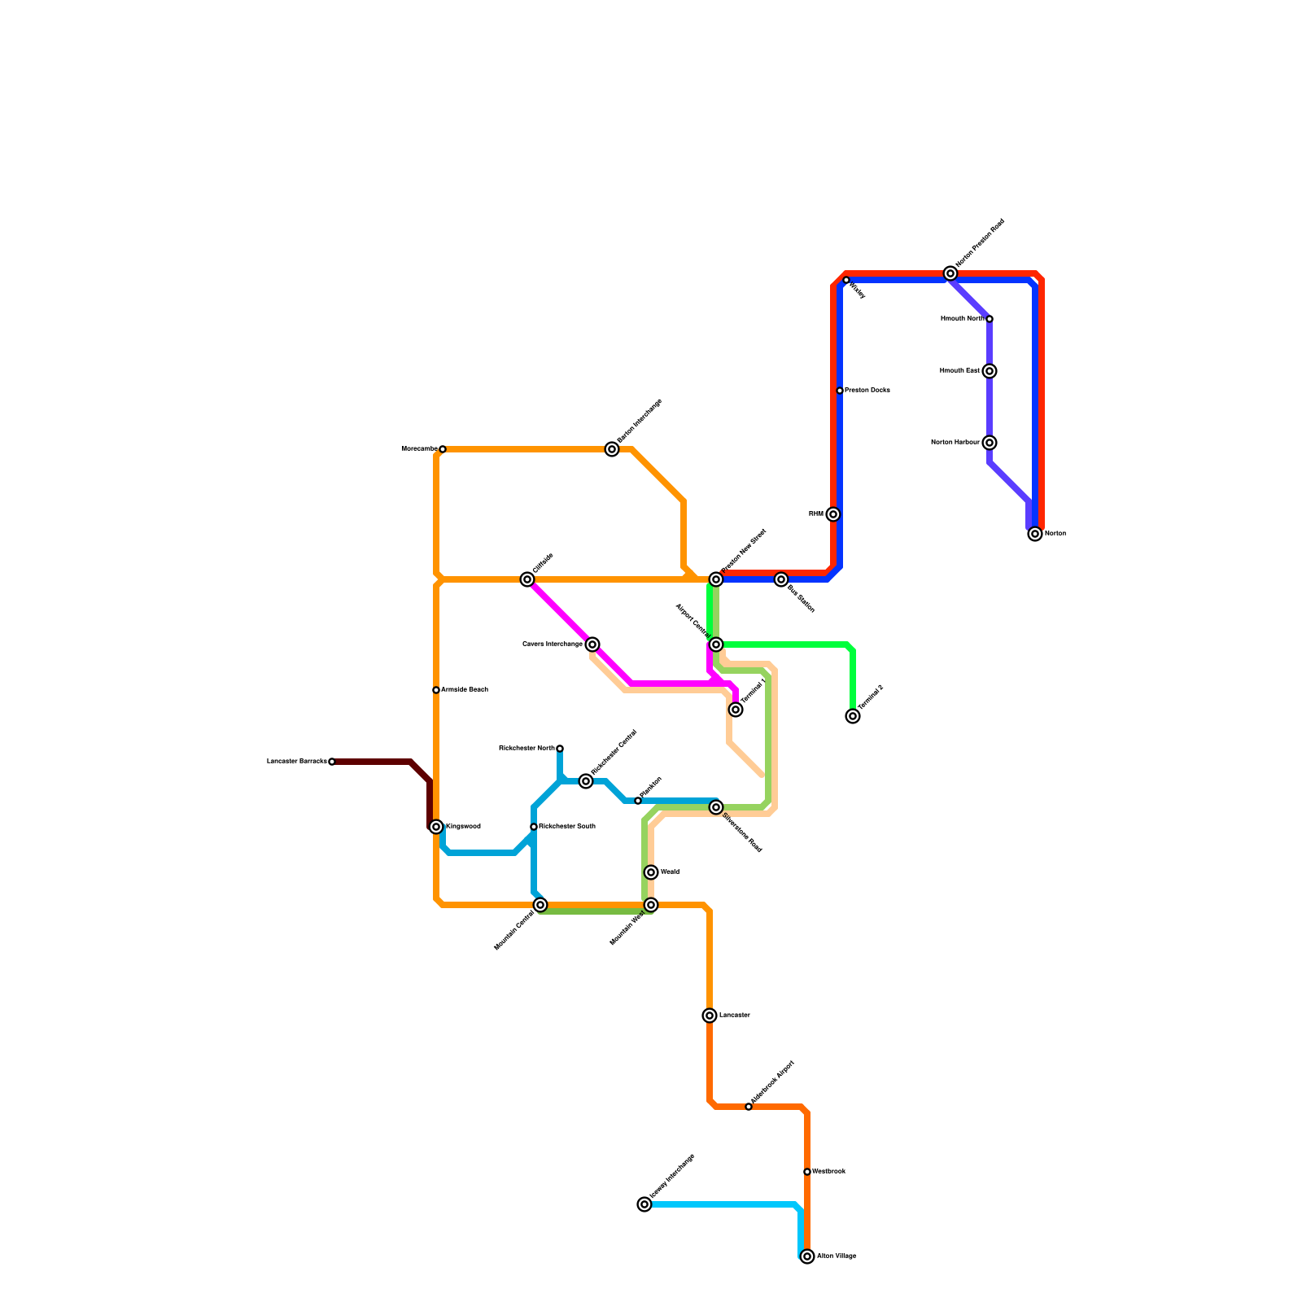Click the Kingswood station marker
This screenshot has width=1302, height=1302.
(436, 827)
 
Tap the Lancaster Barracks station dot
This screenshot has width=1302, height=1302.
(332, 762)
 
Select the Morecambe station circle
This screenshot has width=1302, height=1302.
(442, 449)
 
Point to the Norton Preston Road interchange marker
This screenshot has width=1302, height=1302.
(950, 273)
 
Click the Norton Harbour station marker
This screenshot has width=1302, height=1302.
(990, 443)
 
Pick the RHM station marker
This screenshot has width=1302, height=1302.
(832, 514)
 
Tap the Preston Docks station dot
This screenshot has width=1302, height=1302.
(840, 391)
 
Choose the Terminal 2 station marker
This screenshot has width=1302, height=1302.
(853, 716)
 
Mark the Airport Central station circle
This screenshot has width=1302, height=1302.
(716, 644)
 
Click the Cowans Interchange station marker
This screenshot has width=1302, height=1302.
(592, 644)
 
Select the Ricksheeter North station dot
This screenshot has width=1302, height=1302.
(560, 749)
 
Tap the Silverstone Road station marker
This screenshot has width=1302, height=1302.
(716, 807)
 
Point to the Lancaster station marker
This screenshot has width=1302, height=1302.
(710, 1016)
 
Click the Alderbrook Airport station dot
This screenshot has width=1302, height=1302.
(749, 1107)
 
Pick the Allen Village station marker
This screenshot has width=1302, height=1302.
(807, 1256)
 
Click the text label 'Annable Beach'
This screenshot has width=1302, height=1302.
(465, 690)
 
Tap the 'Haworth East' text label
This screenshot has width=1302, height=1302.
(959, 371)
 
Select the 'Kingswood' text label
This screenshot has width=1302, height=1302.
(463, 827)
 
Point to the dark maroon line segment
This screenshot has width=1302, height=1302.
(374, 762)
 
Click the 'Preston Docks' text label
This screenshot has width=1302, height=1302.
(867, 391)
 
